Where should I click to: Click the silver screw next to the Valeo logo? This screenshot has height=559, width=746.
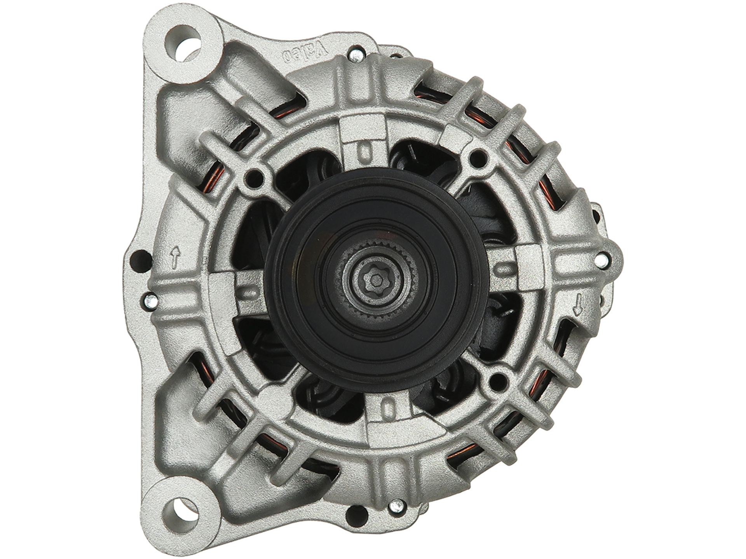(356, 55)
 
